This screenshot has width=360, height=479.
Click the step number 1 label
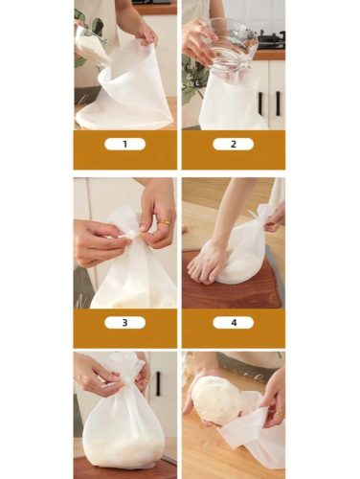pyautogui.click(x=124, y=145)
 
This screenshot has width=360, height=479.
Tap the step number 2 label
pyautogui.click(x=234, y=145)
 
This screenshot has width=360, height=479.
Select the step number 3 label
pyautogui.click(x=124, y=323)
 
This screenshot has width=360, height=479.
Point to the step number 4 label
pyautogui.click(x=234, y=323)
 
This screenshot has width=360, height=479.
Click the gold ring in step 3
pyautogui.click(x=166, y=222)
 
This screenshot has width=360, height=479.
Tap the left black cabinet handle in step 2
pyautogui.click(x=260, y=103)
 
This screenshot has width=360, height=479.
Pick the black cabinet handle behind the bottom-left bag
pyautogui.click(x=158, y=383)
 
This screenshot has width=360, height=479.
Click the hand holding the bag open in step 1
pyautogui.click(x=146, y=32)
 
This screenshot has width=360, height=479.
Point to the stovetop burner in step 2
pyautogui.click(x=271, y=38)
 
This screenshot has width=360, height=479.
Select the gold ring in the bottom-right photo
pyautogui.click(x=279, y=415)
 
